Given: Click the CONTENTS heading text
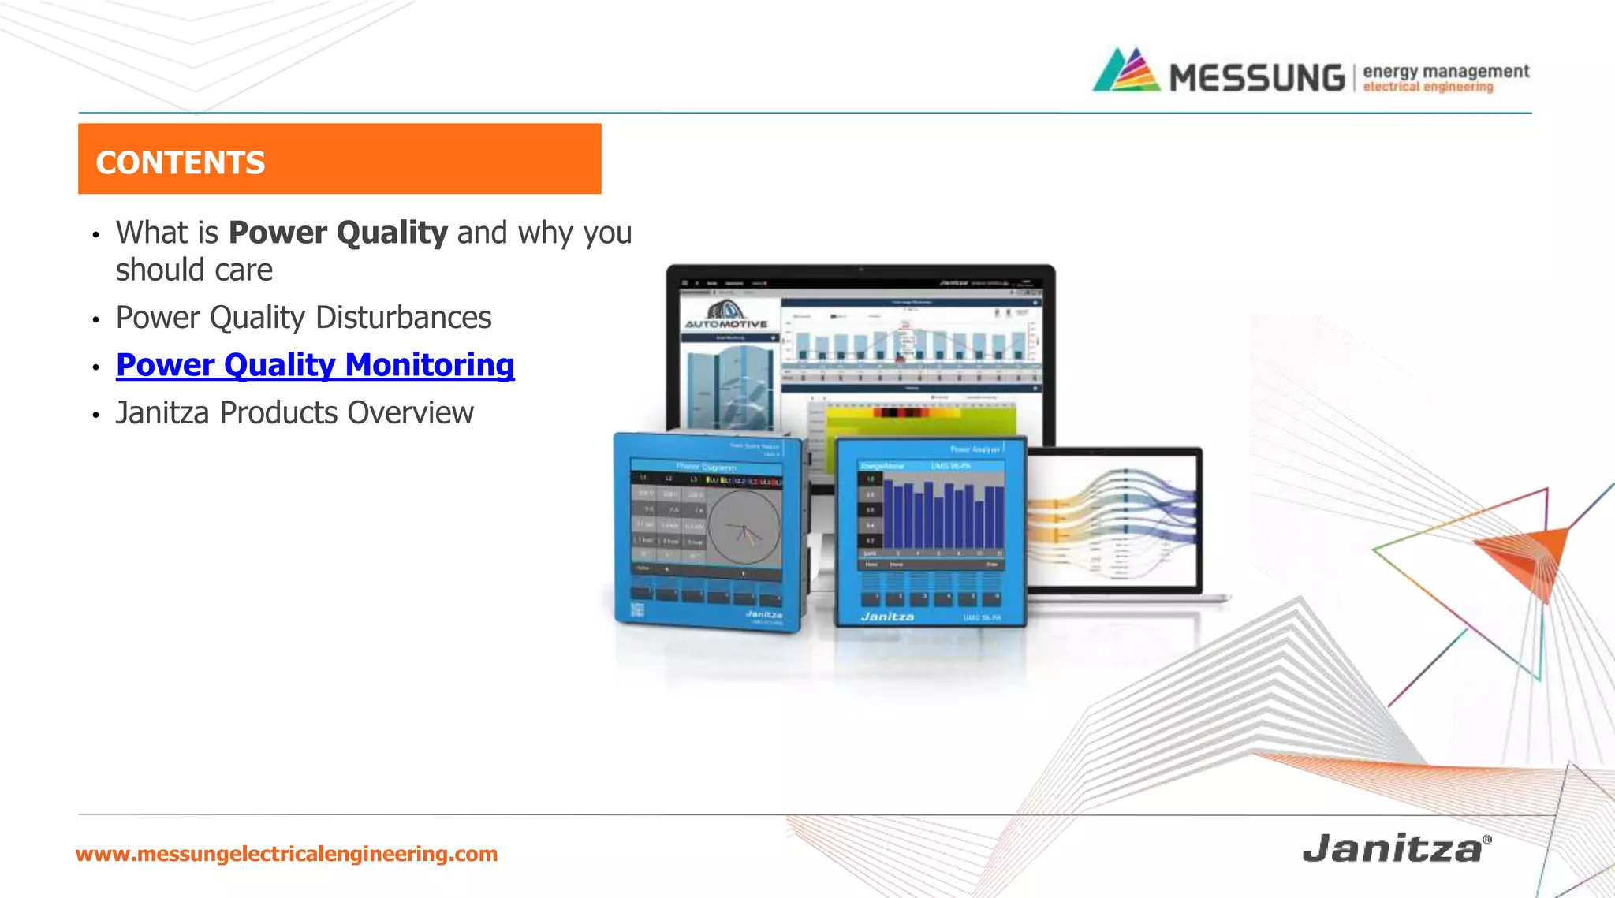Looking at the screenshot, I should (181, 162).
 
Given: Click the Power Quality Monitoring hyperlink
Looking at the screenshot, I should (315, 365).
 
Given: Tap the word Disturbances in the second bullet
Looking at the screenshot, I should (403, 318).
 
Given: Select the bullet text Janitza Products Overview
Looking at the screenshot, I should (294, 413).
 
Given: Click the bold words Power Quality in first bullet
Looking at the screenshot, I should (338, 233).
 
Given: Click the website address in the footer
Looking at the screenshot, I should (286, 854).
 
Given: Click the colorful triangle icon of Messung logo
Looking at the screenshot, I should (1126, 71).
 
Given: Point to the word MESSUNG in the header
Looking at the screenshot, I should (1256, 78).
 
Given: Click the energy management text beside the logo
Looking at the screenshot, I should (1445, 71).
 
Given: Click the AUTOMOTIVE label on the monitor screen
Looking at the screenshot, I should (725, 323).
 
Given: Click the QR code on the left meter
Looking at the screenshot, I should (637, 609).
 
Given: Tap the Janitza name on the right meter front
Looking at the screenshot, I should (887, 617).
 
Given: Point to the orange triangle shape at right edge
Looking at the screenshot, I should (1530, 556).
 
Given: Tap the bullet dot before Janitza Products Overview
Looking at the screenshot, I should (95, 415).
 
